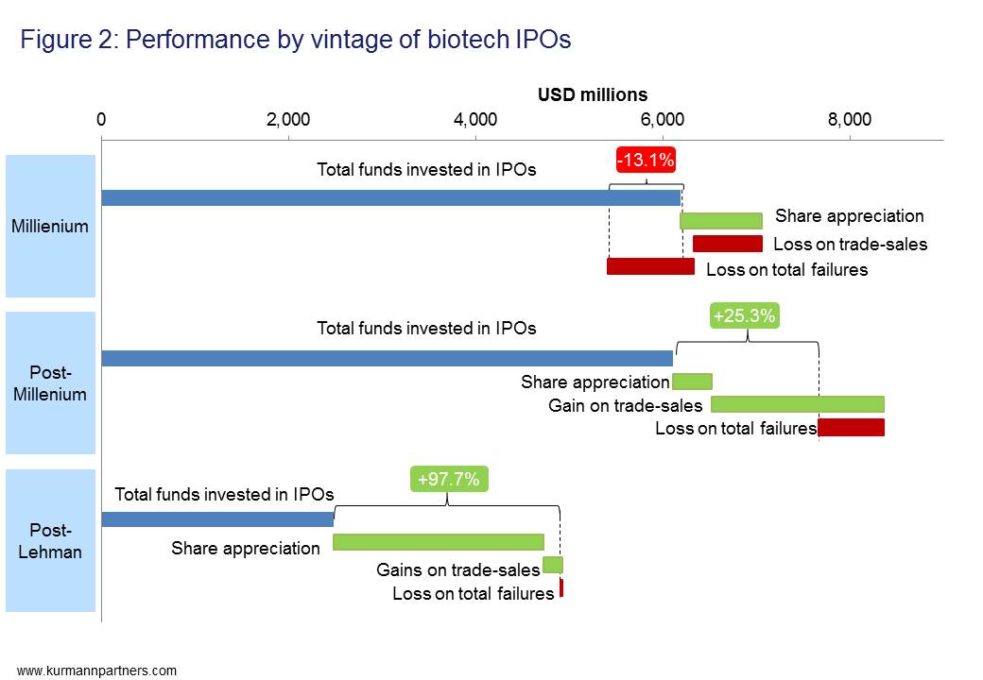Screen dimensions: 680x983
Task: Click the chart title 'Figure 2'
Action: (295, 40)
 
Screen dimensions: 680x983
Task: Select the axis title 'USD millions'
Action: (593, 94)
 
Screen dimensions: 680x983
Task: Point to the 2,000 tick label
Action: (288, 119)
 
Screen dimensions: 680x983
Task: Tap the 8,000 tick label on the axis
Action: (849, 119)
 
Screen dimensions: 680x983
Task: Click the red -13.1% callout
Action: (646, 161)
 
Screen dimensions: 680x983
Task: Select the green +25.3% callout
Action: (745, 316)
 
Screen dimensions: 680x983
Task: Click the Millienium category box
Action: (51, 227)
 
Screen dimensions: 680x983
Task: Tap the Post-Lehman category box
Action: (51, 540)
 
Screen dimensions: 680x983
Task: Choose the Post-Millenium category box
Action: (51, 383)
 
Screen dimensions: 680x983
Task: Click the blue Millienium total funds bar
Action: (390, 197)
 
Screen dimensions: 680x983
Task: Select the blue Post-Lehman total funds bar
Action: (217, 519)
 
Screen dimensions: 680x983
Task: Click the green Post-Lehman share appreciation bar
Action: (439, 542)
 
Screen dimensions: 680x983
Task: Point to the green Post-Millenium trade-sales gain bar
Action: (797, 404)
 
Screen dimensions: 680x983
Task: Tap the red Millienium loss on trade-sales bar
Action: (727, 244)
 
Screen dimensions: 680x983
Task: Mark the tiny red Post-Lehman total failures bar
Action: (560, 588)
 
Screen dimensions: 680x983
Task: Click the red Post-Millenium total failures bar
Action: (851, 428)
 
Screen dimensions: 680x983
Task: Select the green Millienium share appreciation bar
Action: (720, 221)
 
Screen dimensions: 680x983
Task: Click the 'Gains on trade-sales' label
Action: (457, 569)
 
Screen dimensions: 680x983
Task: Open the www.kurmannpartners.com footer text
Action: (96, 671)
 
